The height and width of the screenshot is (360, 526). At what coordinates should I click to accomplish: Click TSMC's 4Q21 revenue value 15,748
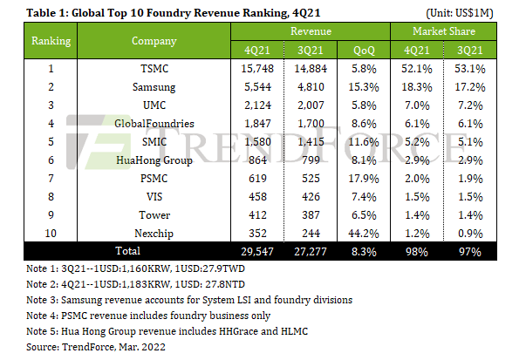tap(252, 68)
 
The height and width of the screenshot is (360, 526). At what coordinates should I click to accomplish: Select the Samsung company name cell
tap(154, 87)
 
